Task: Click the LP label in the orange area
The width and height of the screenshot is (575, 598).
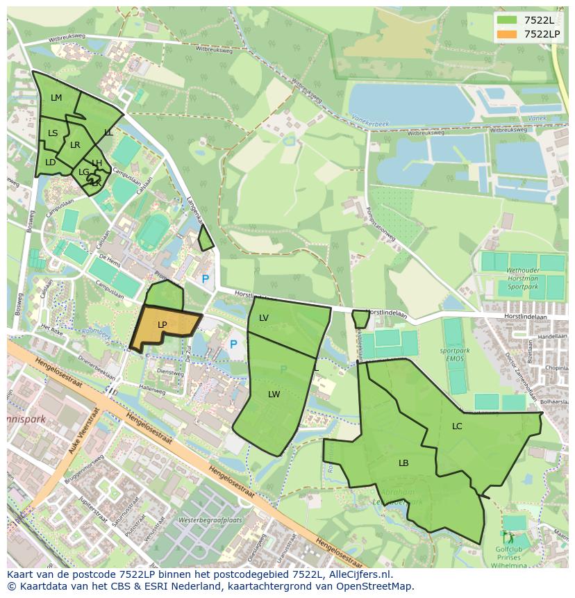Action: click(x=162, y=324)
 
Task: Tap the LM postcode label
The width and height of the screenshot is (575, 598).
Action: click(x=56, y=98)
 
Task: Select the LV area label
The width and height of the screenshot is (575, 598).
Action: click(x=264, y=318)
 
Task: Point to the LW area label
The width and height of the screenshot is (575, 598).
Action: click(x=274, y=394)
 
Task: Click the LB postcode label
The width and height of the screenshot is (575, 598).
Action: click(x=403, y=463)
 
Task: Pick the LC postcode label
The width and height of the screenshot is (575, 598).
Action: click(x=457, y=426)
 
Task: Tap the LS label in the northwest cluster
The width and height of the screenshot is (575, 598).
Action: click(x=53, y=133)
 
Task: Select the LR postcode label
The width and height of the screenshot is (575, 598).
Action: click(x=75, y=145)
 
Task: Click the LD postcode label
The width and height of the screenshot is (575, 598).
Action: click(x=50, y=163)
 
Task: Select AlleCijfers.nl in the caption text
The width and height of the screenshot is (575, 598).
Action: click(x=358, y=574)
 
